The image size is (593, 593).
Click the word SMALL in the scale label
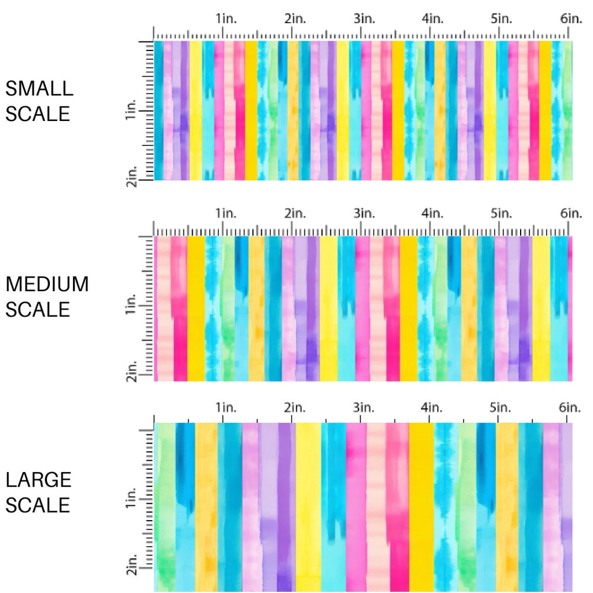pos(39,88)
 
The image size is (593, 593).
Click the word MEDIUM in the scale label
pos(47,285)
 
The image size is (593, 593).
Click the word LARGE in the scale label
pos(39,480)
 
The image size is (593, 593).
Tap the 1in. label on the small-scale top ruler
pos(225,19)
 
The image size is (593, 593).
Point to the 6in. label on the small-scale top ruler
pos(571,19)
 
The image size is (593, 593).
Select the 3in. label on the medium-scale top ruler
pos(364,213)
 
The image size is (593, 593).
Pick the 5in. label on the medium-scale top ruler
pos(502,213)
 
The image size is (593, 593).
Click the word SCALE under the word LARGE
pos(39,505)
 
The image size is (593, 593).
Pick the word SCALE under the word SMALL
pos(37,113)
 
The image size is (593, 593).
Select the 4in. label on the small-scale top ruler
pos(433,19)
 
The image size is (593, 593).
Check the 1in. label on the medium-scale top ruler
pos(225,213)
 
